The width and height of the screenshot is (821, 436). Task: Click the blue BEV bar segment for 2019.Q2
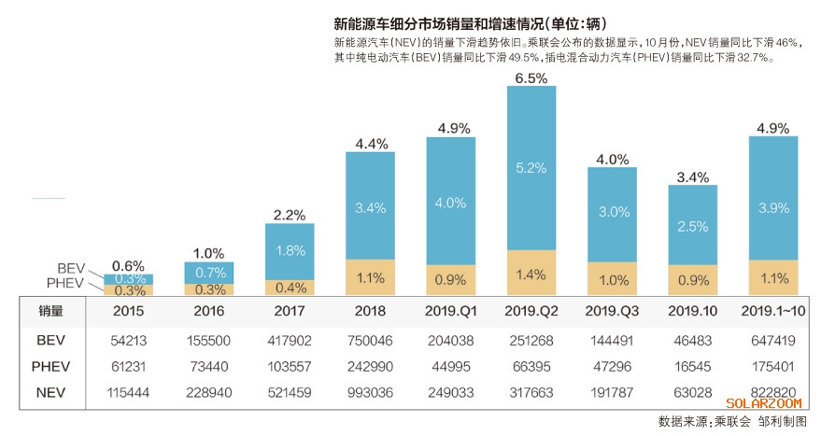(x=531, y=168)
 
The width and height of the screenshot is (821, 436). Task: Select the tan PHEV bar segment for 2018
(x=370, y=277)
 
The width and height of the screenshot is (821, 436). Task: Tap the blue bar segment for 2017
(x=290, y=251)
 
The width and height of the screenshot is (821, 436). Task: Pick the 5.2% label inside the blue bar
(x=531, y=167)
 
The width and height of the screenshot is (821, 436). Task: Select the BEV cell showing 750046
(x=370, y=341)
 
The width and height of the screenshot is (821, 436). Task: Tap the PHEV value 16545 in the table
(x=692, y=367)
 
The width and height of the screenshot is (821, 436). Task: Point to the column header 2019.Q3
(x=612, y=311)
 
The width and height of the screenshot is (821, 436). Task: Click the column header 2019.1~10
(x=773, y=311)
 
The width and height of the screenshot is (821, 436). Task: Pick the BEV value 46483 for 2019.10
(x=692, y=341)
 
